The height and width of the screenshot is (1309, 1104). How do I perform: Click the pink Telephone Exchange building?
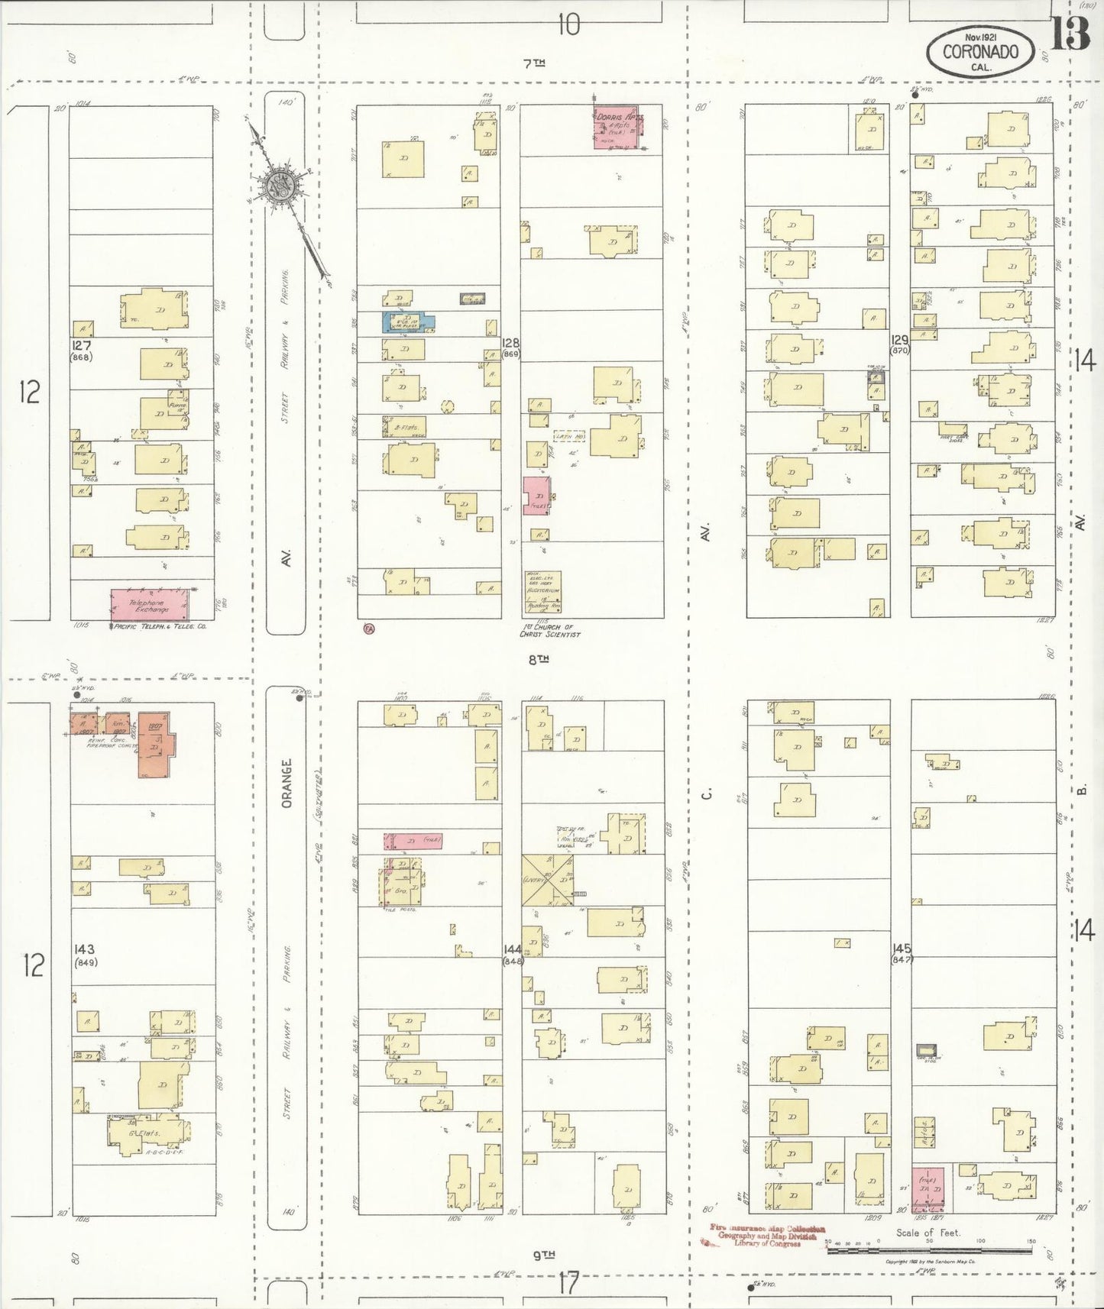(x=150, y=604)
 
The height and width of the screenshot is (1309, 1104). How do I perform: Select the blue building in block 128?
(x=407, y=321)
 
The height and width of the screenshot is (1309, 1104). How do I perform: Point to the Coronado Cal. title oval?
(x=980, y=52)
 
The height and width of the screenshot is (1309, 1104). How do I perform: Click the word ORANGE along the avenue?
(x=287, y=784)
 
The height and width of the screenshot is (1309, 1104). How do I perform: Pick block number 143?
(x=84, y=949)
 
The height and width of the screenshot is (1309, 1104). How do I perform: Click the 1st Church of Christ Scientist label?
(x=549, y=631)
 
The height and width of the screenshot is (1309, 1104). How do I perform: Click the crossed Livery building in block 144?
(x=547, y=880)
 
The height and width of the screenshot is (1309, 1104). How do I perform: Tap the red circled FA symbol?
(x=369, y=628)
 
